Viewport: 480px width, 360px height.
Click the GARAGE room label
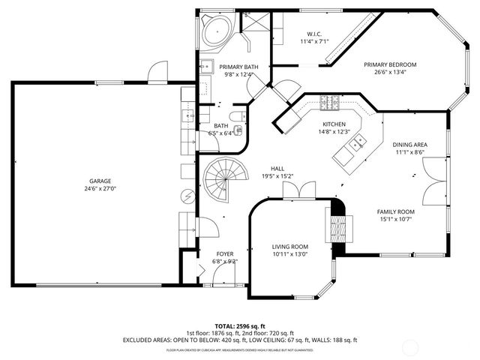click(x=100, y=181)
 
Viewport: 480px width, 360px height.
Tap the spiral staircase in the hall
click(x=223, y=182)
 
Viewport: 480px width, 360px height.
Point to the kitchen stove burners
click(x=330, y=102)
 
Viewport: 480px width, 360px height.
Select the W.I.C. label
click(x=314, y=34)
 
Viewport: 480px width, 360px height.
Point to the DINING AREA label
click(x=410, y=144)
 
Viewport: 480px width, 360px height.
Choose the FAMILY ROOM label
click(x=395, y=211)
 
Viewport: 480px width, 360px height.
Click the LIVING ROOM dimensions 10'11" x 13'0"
click(x=289, y=254)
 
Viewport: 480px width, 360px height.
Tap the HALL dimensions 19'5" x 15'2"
click(x=277, y=176)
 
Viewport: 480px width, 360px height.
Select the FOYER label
click(x=225, y=254)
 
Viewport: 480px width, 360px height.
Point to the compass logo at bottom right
click(x=457, y=343)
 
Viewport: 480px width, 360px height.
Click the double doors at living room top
click(x=293, y=192)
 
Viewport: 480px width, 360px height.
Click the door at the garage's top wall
click(x=155, y=73)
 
